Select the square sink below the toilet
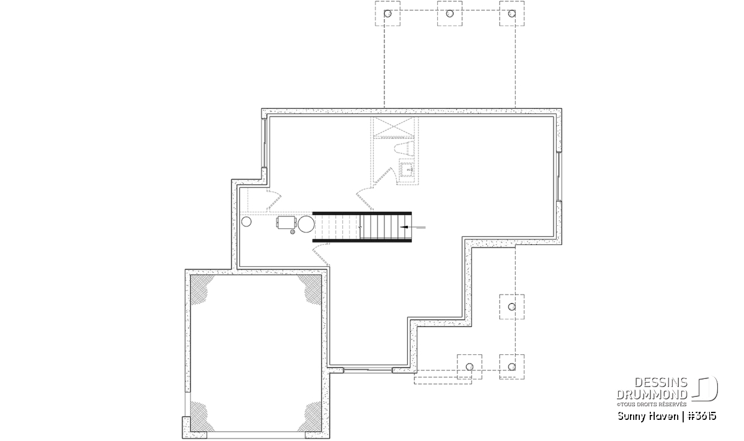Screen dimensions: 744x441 pyautogui.click(x=407, y=170)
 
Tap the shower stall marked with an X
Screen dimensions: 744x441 pyautogui.click(x=394, y=127)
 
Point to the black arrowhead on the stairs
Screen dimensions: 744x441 pyautogui.click(x=404, y=227)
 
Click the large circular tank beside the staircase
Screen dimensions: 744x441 pyautogui.click(x=306, y=225)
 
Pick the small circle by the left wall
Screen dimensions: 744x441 pyautogui.click(x=247, y=221)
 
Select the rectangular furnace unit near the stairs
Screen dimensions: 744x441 pyautogui.click(x=286, y=223)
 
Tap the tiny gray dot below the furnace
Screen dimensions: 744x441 pyautogui.click(x=293, y=232)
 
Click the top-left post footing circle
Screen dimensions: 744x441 pyautogui.click(x=387, y=14)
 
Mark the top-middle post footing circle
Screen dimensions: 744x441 pyautogui.click(x=449, y=14)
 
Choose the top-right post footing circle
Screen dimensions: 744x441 pyautogui.click(x=512, y=14)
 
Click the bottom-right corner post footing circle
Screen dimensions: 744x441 pyautogui.click(x=512, y=367)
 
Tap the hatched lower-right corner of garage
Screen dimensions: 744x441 pyautogui.click(x=312, y=417)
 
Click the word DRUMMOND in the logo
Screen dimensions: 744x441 pyautogui.click(x=652, y=395)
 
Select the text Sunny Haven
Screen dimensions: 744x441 pyautogui.click(x=648, y=416)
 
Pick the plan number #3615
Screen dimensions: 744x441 pyautogui.click(x=701, y=416)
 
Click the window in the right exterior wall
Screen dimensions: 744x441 pyautogui.click(x=559, y=177)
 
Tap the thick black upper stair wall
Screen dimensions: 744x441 pyautogui.click(x=362, y=213)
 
